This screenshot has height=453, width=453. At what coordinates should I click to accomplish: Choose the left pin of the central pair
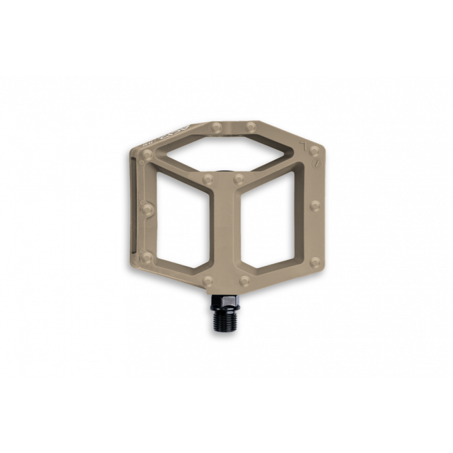coord(208,177)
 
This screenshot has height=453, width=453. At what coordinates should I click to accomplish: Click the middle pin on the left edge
coord(148,208)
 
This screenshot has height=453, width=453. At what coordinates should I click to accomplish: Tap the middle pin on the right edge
coord(316,206)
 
